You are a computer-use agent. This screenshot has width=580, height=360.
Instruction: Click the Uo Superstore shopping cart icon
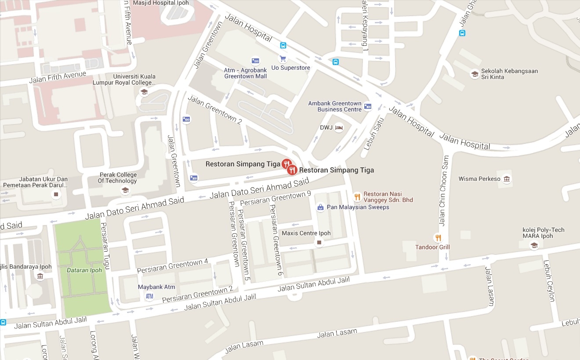click(x=283, y=58)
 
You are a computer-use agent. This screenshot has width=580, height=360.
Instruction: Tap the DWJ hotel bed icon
click(x=339, y=127)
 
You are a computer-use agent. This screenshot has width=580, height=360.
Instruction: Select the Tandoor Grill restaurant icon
click(x=438, y=238)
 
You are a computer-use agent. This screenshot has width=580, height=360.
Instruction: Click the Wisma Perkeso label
click(x=479, y=179)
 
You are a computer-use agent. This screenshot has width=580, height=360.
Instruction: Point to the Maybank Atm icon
click(x=149, y=296)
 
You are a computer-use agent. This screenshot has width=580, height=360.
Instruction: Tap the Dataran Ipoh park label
click(x=84, y=270)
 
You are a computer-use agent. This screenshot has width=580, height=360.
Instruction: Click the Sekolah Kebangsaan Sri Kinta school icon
click(x=475, y=74)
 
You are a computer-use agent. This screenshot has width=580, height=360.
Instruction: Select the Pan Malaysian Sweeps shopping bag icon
click(x=321, y=207)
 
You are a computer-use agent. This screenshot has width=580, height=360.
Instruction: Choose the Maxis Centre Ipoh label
click(x=306, y=233)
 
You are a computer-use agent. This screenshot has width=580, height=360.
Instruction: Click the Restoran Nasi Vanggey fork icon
click(x=357, y=197)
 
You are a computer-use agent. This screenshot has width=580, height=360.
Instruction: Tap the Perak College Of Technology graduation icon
click(x=125, y=190)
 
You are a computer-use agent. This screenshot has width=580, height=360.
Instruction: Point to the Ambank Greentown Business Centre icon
click(x=368, y=107)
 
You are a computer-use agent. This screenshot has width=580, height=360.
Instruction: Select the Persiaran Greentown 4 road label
click(x=172, y=266)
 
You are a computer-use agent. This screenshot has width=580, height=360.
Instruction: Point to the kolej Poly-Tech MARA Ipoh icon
click(x=534, y=245)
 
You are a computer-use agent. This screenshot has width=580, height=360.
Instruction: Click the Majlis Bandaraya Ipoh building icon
click(x=40, y=276)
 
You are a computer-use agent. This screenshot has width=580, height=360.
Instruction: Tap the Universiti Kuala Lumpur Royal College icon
click(x=144, y=92)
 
